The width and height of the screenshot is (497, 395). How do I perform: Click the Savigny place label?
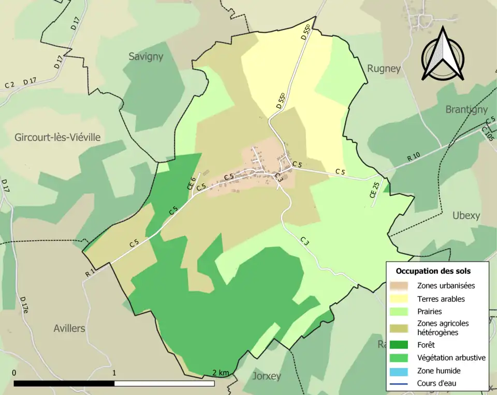145,56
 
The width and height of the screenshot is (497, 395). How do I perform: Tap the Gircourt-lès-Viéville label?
57,137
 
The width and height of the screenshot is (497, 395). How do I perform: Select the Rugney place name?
384,68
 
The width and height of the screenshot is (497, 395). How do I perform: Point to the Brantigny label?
466,109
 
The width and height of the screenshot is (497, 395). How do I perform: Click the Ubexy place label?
466,215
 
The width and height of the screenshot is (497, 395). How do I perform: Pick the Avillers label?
69,328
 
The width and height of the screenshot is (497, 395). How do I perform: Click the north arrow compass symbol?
442,54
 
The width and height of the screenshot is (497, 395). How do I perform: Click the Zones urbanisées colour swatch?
400,285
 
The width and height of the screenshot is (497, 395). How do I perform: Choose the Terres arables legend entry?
441,299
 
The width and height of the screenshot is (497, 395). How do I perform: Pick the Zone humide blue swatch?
400,371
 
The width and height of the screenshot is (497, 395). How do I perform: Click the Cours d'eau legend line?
400,384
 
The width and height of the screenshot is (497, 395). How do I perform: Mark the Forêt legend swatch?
400,344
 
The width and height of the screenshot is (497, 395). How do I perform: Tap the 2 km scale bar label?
221,373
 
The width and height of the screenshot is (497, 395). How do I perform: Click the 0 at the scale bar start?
14,373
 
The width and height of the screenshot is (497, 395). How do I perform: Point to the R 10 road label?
414,157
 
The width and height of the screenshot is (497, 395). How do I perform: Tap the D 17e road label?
24,305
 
